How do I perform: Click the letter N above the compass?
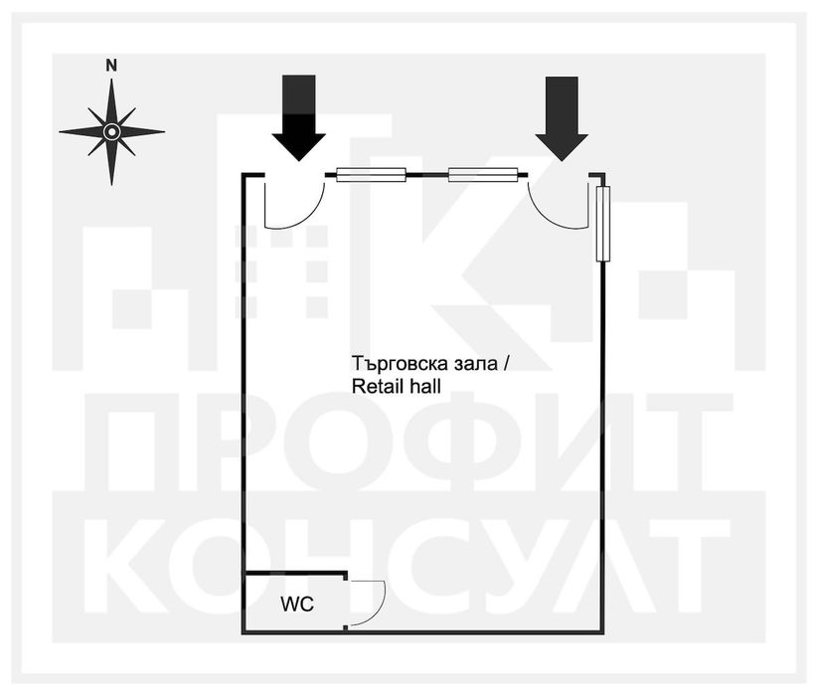coord(111,66)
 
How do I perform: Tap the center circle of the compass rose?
coord(111,131)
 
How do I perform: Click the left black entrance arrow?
coord(299,118)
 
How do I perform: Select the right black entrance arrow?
coord(562,118)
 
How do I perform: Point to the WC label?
coord(297,604)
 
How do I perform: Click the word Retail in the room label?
coord(378,387)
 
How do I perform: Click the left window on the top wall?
coord(371,175)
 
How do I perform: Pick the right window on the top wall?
coord(483,175)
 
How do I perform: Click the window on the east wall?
coord(602,224)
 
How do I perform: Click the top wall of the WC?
coord(295,574)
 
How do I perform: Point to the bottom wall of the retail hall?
coord(423,632)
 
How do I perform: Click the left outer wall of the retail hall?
coord(244,404)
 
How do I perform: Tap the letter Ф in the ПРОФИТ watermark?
coord(475,441)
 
